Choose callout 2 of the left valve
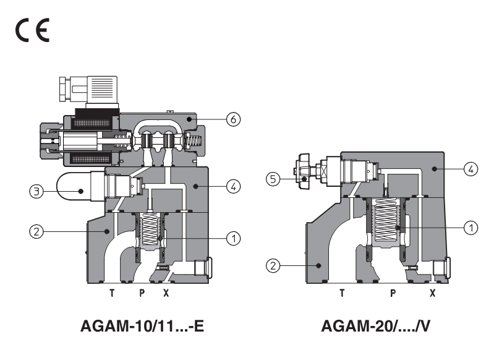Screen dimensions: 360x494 pos(36,232)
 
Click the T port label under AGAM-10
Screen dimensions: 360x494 pos(112,294)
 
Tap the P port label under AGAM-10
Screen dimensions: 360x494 pos(142,294)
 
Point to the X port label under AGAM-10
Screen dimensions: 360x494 pos(166,294)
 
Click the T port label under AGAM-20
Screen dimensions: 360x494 pos(341,294)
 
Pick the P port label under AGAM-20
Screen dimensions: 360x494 pos(393,294)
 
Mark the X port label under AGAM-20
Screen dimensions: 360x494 pos(432,294)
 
